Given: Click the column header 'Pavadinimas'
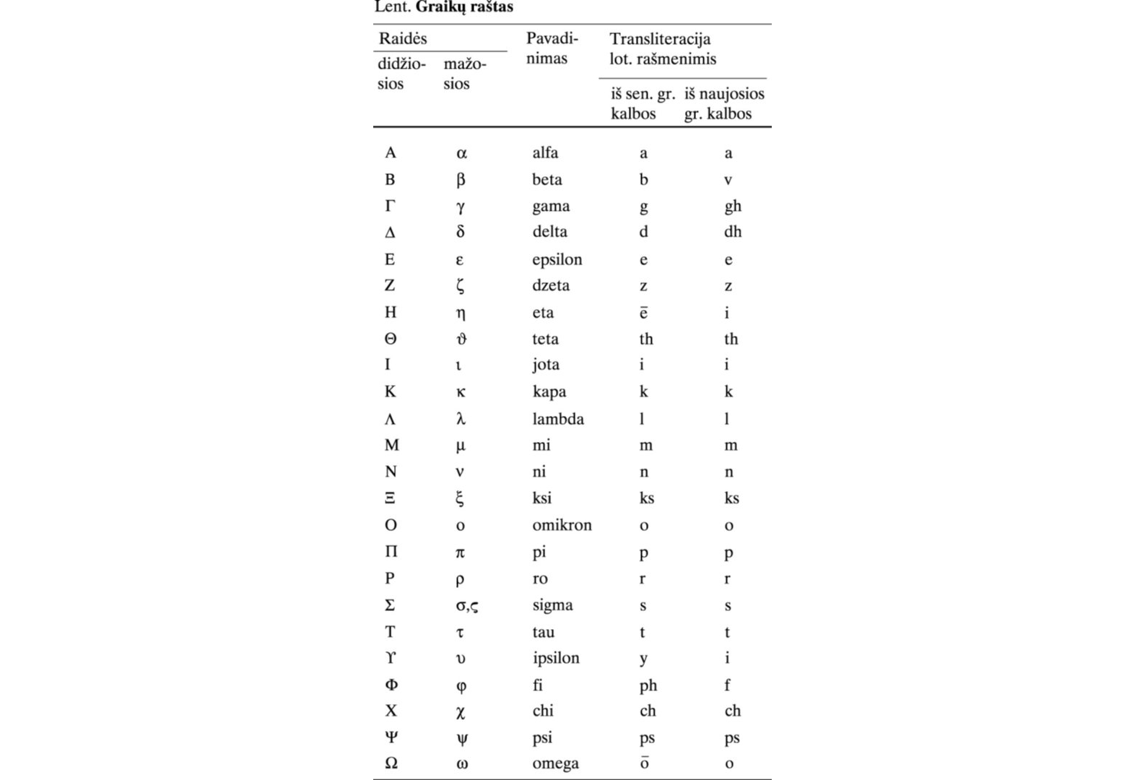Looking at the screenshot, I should pyautogui.click(x=552, y=48).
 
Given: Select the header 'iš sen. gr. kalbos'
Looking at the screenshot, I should pyautogui.click(x=643, y=103).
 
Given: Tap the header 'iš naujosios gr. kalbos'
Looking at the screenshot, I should pyautogui.click(x=723, y=103).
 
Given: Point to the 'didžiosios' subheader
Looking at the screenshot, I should pyautogui.click(x=401, y=74).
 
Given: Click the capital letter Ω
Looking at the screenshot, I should pyautogui.click(x=391, y=763).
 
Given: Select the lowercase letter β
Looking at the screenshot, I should pyautogui.click(x=461, y=180).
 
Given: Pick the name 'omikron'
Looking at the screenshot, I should pyautogui.click(x=562, y=525).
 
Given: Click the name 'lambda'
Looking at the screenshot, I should pyautogui.click(x=558, y=419).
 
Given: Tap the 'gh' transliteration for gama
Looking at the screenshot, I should pyautogui.click(x=732, y=207).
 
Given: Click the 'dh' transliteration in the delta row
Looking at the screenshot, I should pyautogui.click(x=732, y=232).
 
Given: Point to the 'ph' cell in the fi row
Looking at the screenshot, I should pyautogui.click(x=648, y=685).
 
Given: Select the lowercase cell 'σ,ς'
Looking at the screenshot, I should pyautogui.click(x=466, y=605).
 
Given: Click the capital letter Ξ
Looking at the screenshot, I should pyautogui.click(x=390, y=498).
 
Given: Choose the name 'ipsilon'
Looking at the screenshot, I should pyautogui.click(x=555, y=658).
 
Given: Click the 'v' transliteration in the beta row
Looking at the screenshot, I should pyautogui.click(x=728, y=180).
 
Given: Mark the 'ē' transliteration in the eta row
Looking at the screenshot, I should pyautogui.click(x=643, y=313).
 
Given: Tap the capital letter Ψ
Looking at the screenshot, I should pyautogui.click(x=391, y=737).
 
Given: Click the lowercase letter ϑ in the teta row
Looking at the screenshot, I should pyautogui.click(x=461, y=339).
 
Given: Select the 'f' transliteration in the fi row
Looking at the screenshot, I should pyautogui.click(x=727, y=685).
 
